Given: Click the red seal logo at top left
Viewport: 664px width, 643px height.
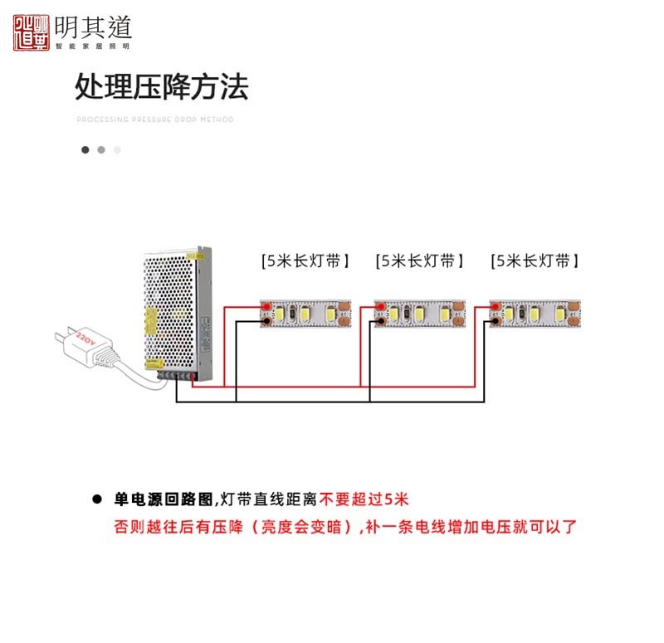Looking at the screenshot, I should point(32,31).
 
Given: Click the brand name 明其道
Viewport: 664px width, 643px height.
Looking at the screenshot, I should point(93,27).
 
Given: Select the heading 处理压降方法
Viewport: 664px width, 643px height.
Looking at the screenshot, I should point(161,86).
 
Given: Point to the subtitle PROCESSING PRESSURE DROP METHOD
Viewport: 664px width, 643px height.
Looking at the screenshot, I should point(155,119).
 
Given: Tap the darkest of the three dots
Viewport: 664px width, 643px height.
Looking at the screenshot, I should point(85,150).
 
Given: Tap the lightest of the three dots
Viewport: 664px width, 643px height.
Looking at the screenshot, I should point(117,150).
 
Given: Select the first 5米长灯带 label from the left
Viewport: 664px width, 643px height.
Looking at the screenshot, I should point(305,261).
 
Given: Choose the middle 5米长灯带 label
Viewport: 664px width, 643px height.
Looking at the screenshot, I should point(420,261).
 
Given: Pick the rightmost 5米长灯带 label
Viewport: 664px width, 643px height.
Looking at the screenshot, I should point(535,261).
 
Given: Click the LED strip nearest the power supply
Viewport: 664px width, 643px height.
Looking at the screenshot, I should point(305,314).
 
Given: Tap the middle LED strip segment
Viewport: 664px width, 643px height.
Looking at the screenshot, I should point(420,314).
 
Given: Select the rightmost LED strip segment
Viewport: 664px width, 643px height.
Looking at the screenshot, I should point(535,314).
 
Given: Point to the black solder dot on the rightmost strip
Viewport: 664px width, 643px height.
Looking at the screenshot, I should point(495,319).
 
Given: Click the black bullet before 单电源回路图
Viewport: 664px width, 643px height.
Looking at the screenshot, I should point(97,500).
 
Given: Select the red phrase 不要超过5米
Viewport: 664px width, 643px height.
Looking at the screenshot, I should point(365,499).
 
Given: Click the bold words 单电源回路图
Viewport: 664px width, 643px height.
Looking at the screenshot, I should point(164,499).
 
